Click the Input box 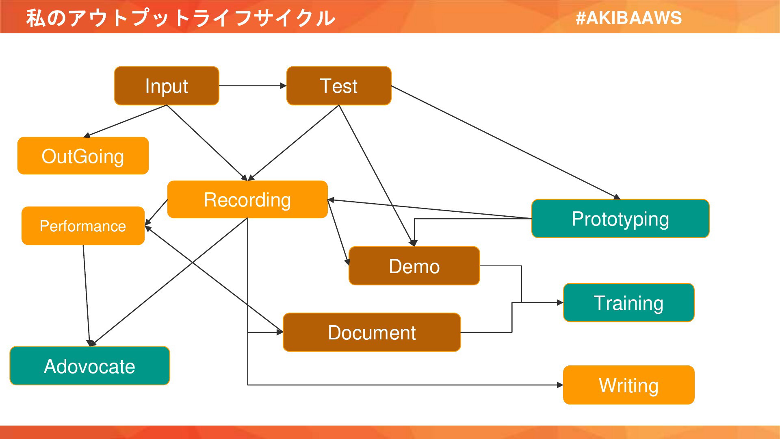[167, 86]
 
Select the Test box [339, 86]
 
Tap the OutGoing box [83, 156]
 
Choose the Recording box [247, 199]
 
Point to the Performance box [83, 226]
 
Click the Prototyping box [620, 219]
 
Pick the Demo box [414, 266]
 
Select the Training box [629, 302]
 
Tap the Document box [372, 332]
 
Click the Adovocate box [90, 366]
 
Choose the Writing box [629, 385]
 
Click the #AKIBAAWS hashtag [628, 18]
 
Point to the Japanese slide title [181, 18]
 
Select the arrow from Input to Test [253, 86]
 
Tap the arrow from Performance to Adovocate [87, 296]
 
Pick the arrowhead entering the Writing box [560, 385]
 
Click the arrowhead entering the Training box [560, 302]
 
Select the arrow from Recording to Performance [156, 212]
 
